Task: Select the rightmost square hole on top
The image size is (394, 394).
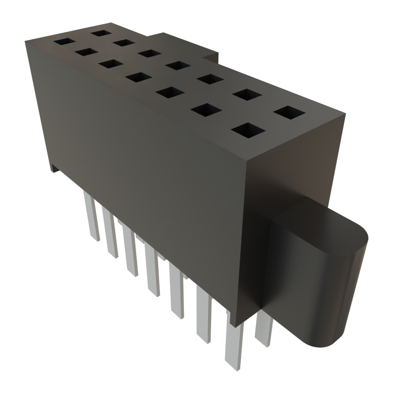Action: pyautogui.click(x=289, y=113)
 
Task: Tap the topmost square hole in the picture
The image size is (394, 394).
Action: pyautogui.click(x=101, y=32)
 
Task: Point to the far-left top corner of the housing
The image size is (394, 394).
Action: pyautogui.click(x=25, y=40)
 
